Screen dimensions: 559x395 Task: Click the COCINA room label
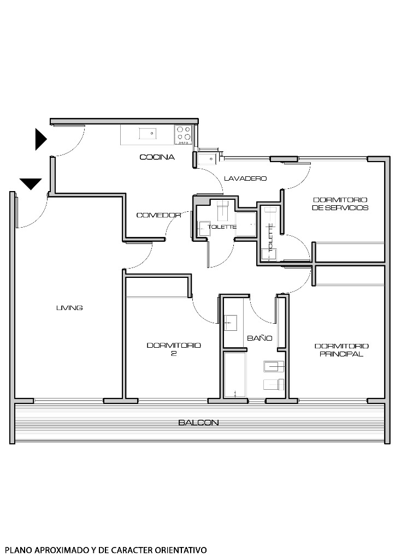tap(157, 157)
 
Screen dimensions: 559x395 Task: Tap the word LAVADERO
tap(245, 179)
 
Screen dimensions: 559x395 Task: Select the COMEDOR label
tap(158, 215)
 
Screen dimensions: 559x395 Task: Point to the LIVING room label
tap(69, 308)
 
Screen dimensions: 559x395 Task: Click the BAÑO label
tap(260, 338)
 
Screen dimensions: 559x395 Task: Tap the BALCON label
tap(199, 423)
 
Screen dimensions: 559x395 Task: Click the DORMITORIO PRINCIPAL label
tap(341, 350)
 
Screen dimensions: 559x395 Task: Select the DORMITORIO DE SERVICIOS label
tap(340, 204)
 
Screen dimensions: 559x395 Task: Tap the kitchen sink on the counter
tap(148, 133)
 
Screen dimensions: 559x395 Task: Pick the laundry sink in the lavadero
tap(208, 159)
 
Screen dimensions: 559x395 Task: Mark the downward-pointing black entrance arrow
tap(31, 183)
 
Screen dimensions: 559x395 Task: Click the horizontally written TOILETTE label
tap(222, 227)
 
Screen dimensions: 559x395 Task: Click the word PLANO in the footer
tap(17, 550)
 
